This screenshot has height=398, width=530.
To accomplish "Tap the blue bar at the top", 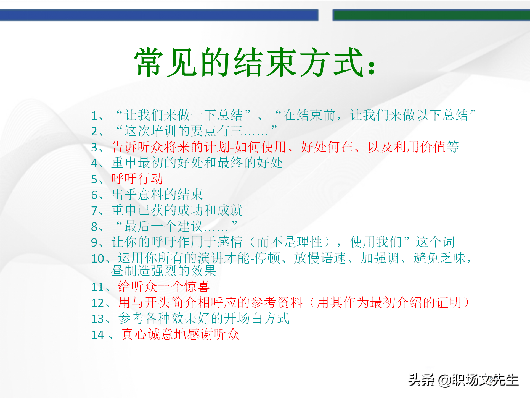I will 159,15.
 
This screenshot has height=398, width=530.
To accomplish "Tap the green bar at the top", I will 431,15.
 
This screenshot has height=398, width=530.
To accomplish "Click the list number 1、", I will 97,116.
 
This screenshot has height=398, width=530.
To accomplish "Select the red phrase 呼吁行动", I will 137,179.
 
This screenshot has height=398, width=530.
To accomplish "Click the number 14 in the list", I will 97,335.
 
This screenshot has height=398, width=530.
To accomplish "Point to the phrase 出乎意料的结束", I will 157,195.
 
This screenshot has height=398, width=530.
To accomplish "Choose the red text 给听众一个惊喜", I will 164,287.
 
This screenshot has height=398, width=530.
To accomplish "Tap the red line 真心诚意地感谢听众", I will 180,334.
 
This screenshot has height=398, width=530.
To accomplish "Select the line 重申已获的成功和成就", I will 177,210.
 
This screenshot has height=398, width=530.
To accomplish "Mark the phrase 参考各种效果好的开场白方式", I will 203,318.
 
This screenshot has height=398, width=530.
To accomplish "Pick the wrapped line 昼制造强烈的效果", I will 163,271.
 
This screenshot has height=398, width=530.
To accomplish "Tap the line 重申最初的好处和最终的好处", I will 197,163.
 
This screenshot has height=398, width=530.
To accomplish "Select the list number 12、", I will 100,303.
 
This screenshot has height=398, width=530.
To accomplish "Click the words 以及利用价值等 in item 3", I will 413,147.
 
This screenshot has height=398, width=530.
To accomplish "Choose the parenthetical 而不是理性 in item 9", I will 290,242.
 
